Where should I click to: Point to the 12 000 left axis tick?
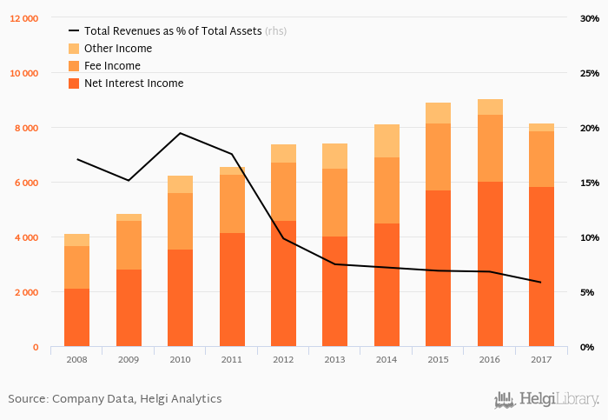tap(23, 18)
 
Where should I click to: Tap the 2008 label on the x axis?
tap(76, 358)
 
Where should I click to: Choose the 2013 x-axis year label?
tap(334, 358)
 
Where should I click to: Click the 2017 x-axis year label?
tap(541, 358)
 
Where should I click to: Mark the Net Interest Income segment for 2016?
tap(490, 264)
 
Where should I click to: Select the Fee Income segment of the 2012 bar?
tap(283, 191)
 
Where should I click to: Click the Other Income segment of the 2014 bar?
tap(387, 141)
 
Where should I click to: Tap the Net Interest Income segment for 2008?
tap(76, 318)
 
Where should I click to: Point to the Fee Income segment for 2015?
tap(438, 157)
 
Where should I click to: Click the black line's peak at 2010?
tap(180, 133)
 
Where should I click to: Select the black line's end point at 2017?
tap(541, 283)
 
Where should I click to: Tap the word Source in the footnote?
tap(26, 399)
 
